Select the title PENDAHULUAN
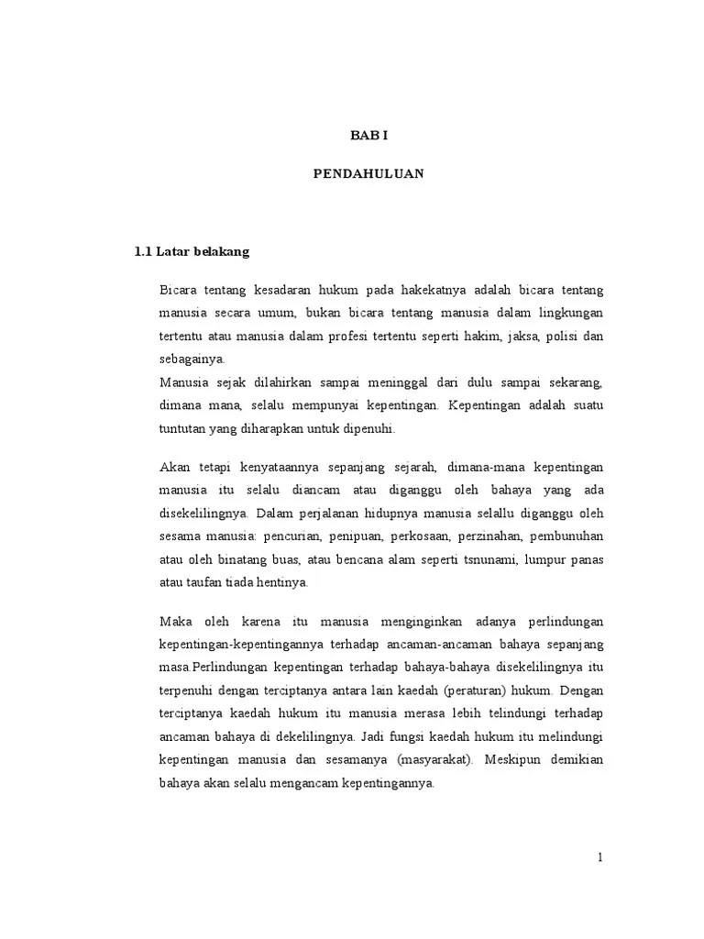point(368,174)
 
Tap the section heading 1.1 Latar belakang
point(192,251)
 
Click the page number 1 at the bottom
point(599,857)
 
